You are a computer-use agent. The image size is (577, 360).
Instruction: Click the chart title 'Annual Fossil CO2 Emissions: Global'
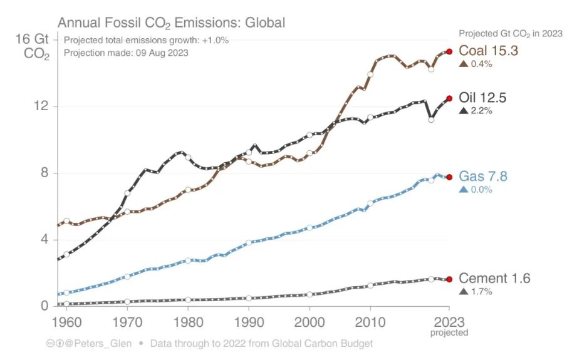tap(171, 23)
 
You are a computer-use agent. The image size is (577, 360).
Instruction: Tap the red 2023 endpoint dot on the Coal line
tap(449, 52)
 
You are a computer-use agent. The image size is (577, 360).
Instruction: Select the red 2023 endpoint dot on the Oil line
tap(449, 98)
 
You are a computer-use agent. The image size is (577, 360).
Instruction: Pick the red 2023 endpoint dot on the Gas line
tap(449, 177)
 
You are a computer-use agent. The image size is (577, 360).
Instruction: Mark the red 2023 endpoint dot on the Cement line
tap(449, 279)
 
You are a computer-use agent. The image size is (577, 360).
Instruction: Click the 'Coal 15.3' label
tap(489, 51)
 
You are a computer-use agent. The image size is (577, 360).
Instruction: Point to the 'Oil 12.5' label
tap(482, 98)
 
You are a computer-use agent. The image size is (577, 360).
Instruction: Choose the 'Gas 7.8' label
tap(483, 177)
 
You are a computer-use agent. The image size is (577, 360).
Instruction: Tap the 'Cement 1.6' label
tap(494, 279)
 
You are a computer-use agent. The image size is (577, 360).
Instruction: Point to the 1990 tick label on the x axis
tap(249, 322)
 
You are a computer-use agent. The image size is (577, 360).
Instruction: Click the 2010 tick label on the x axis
tap(370, 322)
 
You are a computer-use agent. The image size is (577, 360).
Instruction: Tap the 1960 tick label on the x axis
tap(66, 322)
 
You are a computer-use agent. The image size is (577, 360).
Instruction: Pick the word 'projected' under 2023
tap(449, 333)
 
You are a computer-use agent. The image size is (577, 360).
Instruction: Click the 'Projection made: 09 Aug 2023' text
tap(126, 53)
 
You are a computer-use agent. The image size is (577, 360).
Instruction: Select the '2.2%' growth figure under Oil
tap(481, 111)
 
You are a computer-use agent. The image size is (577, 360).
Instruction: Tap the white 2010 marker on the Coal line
tap(370, 74)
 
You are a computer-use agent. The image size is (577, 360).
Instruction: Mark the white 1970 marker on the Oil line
tap(127, 193)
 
